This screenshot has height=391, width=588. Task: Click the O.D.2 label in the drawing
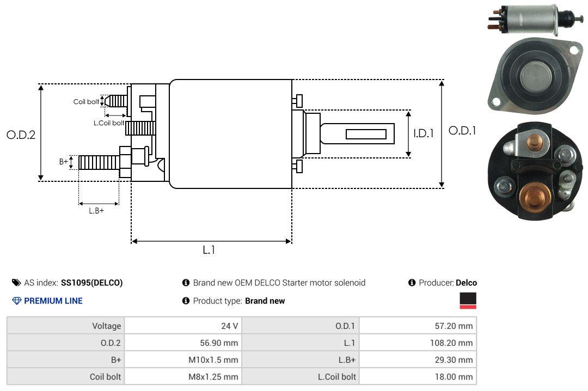(x=21, y=135)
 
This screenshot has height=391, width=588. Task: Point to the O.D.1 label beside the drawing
(x=462, y=131)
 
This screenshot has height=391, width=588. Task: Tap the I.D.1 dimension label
(x=424, y=133)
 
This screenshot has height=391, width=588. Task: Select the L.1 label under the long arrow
(x=209, y=250)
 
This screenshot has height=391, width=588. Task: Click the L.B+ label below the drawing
(x=96, y=211)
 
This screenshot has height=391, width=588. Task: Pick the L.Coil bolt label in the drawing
(x=109, y=123)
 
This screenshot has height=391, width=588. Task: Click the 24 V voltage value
(x=230, y=326)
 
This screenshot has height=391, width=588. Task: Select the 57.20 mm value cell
(x=454, y=326)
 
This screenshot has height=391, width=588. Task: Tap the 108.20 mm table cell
(x=451, y=343)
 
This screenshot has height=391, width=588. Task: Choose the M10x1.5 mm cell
(x=213, y=360)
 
